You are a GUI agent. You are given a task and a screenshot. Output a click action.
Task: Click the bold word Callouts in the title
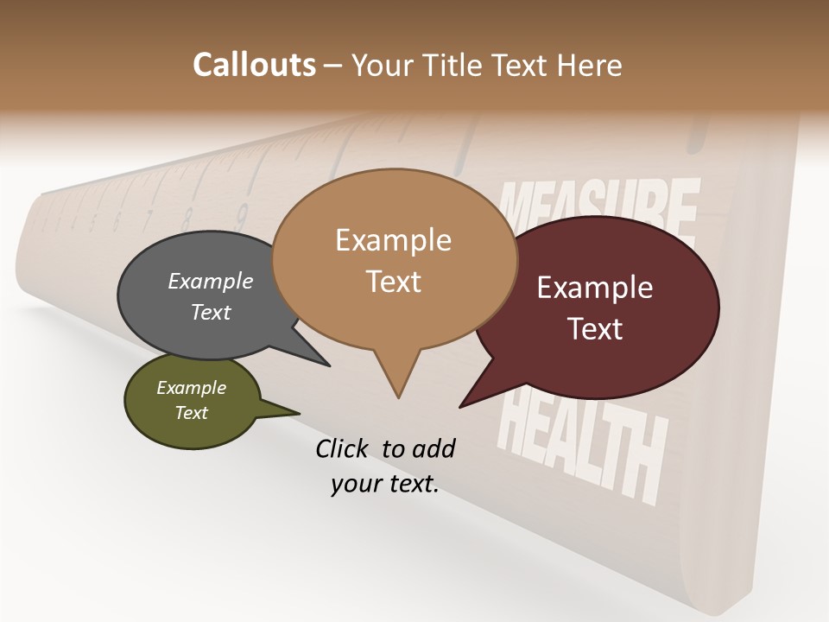coord(254,65)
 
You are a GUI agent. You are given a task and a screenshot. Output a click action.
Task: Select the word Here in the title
coord(589,65)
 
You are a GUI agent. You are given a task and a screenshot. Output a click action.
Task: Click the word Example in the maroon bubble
coord(595,288)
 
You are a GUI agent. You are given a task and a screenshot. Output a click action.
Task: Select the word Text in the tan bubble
coord(394,282)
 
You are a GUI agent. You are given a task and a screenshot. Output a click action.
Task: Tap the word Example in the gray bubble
coord(211,281)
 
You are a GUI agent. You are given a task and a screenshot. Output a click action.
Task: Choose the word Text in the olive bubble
coord(192,413)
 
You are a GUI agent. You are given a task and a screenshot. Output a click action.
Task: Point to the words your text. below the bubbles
coord(385,484)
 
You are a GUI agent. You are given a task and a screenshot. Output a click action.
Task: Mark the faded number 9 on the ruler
coord(242,211)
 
